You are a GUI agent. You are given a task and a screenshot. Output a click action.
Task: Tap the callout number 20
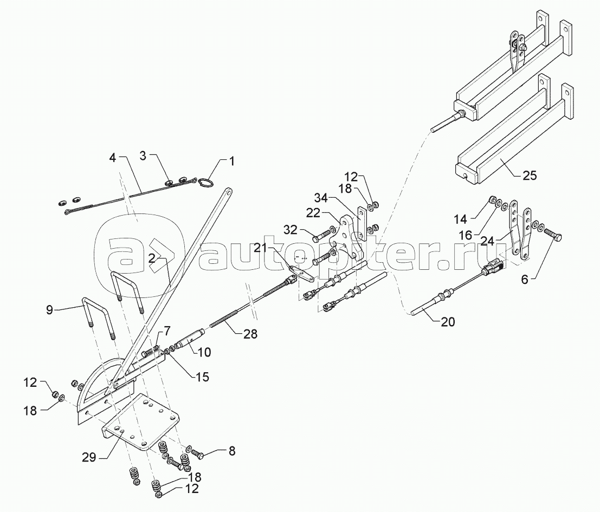pyautogui.click(x=447, y=322)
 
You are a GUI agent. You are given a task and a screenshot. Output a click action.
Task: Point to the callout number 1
pyautogui.click(x=231, y=161)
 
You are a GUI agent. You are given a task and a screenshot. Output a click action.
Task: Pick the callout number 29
pyautogui.click(x=89, y=457)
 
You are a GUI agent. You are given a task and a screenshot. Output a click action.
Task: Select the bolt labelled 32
pyautogui.click(x=320, y=237)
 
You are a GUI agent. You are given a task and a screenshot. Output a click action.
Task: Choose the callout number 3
pyautogui.click(x=143, y=157)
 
